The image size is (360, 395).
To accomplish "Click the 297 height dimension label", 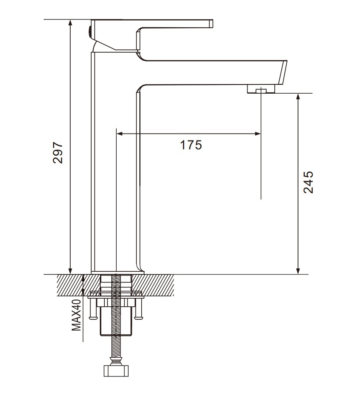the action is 58,153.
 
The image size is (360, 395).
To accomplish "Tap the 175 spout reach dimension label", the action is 191,145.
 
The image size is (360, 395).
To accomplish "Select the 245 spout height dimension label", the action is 308,182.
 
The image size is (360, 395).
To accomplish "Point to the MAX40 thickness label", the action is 77,315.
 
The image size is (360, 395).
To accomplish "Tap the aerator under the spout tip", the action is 261,89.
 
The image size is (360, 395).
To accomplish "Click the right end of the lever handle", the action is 211,23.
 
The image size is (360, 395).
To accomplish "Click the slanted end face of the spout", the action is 283,73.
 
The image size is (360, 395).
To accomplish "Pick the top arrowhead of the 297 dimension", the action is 70,22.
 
